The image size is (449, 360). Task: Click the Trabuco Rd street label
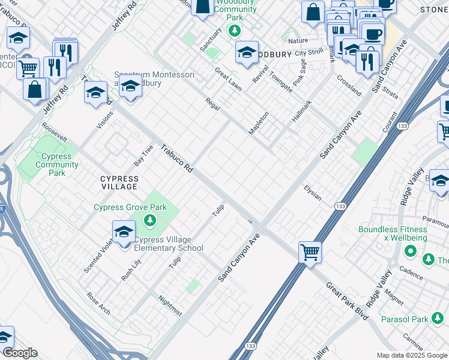[x=176, y=160]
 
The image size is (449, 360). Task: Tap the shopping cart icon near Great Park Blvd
[x=310, y=251]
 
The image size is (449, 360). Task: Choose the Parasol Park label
[x=403, y=319]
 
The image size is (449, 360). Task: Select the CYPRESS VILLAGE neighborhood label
[x=119, y=183]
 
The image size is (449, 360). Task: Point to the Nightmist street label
[x=170, y=305]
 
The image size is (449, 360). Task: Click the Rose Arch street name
[x=98, y=303]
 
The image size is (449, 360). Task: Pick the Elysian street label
[x=312, y=193]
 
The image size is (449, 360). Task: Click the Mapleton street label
[x=259, y=124]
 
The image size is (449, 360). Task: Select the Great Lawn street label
[x=229, y=79]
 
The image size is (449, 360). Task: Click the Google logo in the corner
[x=20, y=353]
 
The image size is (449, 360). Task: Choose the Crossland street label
[x=349, y=85]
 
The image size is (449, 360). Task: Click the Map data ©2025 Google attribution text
[x=411, y=355]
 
